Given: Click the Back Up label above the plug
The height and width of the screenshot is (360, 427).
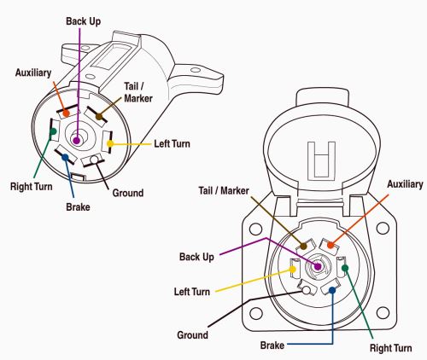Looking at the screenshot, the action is [83, 21].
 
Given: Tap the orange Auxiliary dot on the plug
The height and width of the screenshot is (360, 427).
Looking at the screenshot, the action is [66, 113].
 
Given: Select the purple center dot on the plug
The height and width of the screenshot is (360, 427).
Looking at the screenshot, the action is [76, 140].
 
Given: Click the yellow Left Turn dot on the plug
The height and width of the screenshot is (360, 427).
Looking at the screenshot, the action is [110, 143].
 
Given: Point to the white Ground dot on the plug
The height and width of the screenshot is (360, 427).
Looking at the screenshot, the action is [94, 160].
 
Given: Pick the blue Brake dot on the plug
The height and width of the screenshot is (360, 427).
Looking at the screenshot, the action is [65, 157].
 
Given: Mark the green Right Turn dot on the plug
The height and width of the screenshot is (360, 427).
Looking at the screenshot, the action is [53, 131].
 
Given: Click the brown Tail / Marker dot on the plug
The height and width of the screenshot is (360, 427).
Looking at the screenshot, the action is [99, 116].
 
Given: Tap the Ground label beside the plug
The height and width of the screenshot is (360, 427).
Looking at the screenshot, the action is [128, 193].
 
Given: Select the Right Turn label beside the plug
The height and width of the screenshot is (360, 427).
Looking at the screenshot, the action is [32, 187].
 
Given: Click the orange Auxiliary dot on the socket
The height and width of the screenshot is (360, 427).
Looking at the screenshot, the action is [330, 245].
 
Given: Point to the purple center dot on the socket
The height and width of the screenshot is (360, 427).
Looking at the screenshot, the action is [318, 266].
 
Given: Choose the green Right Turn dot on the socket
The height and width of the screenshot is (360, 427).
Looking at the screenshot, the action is [345, 268].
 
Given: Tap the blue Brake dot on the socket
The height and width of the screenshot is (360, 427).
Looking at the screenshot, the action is [332, 290].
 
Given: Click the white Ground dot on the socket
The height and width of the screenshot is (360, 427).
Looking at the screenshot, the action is [307, 290].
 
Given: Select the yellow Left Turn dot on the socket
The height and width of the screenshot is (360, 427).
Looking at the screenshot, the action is [293, 270].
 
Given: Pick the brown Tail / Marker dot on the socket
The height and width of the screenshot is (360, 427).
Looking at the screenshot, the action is [303, 247].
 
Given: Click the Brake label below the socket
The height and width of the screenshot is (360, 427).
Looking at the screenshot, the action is [272, 345].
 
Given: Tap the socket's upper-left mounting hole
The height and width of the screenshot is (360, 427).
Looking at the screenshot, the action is [255, 229].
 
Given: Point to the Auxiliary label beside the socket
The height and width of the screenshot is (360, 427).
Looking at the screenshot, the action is [405, 184].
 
